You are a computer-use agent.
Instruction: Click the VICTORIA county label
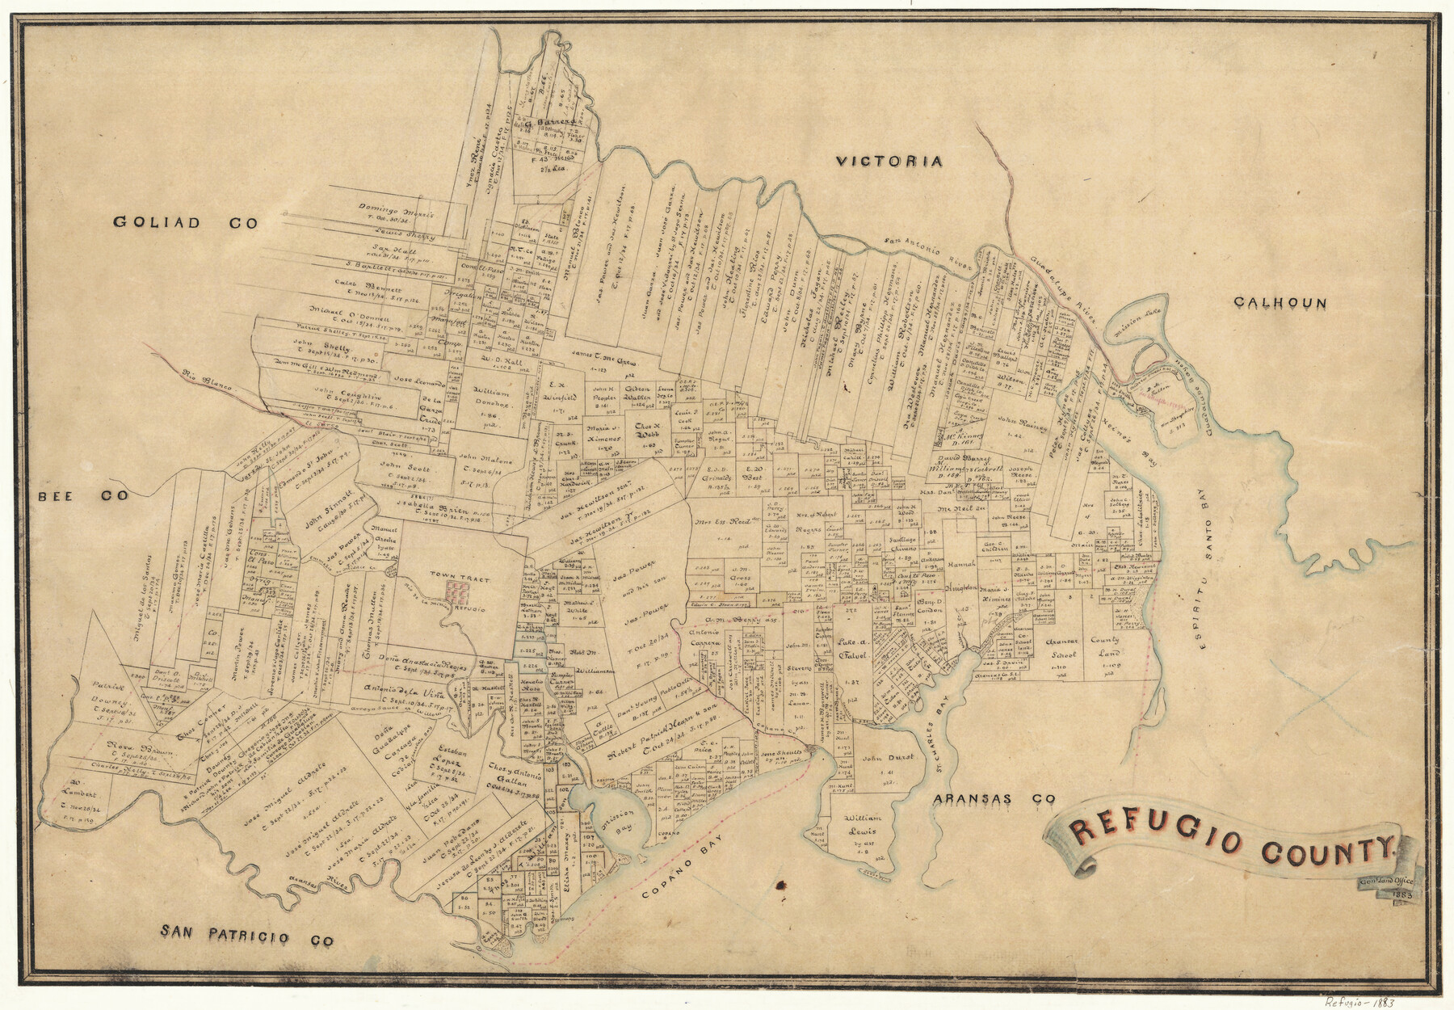889,162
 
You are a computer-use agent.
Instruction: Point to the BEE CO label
83,495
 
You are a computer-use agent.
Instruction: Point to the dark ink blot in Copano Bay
781,886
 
